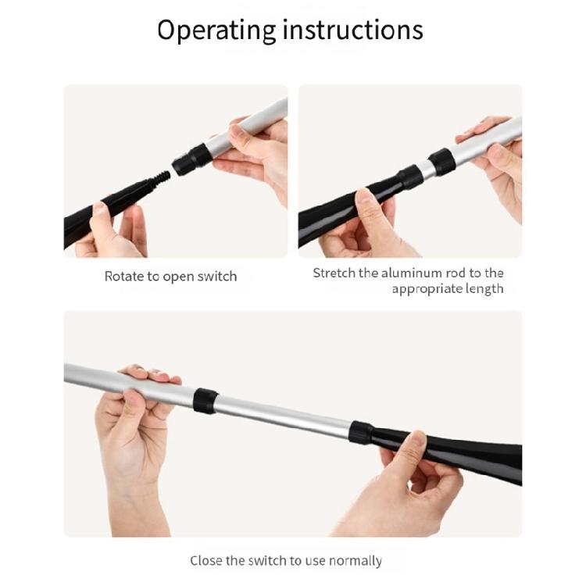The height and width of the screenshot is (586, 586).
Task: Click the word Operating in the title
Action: pyautogui.click(x=216, y=30)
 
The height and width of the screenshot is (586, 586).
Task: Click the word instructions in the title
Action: pyautogui.click(x=353, y=29)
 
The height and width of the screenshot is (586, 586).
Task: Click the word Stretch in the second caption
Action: pyautogui.click(x=334, y=273)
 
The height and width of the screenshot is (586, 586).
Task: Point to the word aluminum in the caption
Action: pyautogui.click(x=411, y=273)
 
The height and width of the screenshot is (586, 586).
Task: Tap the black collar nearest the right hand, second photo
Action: pyautogui.click(x=441, y=162)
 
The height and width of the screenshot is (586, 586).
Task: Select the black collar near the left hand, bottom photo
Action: pyautogui.click(x=205, y=401)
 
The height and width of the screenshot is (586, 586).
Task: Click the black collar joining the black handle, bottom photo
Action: pyautogui.click(x=362, y=432)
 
